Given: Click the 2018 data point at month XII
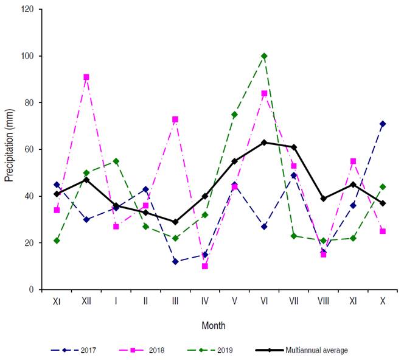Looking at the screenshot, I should pos(86,77).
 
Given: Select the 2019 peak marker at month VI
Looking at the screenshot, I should pos(264,56).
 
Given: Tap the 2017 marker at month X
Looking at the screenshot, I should pos(383,124).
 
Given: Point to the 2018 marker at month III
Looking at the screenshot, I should pos(175,119).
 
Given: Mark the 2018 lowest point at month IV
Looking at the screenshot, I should pos(205,266).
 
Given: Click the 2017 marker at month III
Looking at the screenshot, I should pos(175,261).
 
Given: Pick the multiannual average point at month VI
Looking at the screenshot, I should pos(264,143).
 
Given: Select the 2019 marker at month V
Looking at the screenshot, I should pos(234,115).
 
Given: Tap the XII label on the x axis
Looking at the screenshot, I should pos(86,302).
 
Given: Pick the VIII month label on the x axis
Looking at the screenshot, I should pos(323,302).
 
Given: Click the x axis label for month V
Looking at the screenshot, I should pos(234,302).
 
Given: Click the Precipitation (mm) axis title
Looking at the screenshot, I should pos(9,149).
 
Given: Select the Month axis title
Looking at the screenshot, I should pos(213,326).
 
